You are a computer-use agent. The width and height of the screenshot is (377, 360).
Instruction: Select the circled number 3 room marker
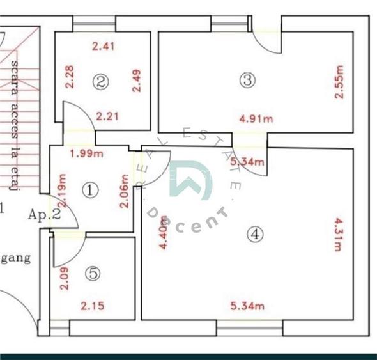coord(247,80)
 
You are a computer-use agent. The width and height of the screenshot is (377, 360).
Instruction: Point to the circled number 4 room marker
coord(256,235)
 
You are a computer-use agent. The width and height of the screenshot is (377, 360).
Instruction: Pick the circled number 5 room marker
coord(93,274)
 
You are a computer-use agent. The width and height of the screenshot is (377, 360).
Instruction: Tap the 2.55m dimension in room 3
coord(339,81)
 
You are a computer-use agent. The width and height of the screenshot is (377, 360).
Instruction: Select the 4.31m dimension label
coord(339,235)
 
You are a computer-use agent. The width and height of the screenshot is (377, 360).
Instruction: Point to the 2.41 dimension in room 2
coord(103,46)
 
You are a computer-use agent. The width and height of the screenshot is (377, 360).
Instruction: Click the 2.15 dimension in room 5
coord(93,306)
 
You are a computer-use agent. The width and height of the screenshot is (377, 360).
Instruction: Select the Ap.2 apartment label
coord(45,215)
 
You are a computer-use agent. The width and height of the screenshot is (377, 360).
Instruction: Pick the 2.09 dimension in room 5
coord(63,279)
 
